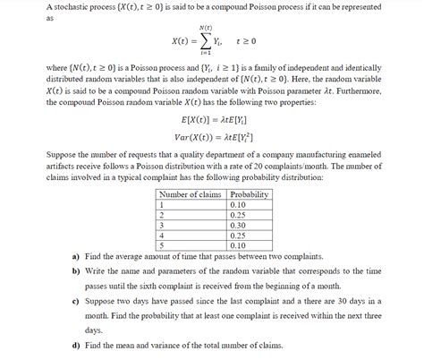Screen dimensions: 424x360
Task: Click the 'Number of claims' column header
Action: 189,193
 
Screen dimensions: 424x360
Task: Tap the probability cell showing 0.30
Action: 237,226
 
